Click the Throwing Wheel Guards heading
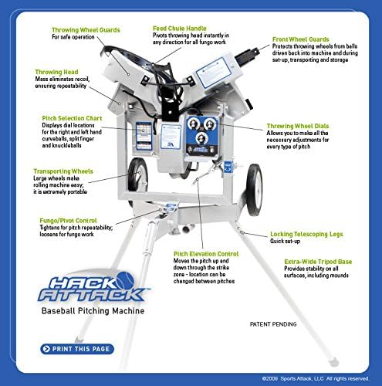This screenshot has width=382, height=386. click(86, 30)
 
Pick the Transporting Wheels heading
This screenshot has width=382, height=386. click(64, 171)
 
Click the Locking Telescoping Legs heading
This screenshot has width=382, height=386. click(306, 234)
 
